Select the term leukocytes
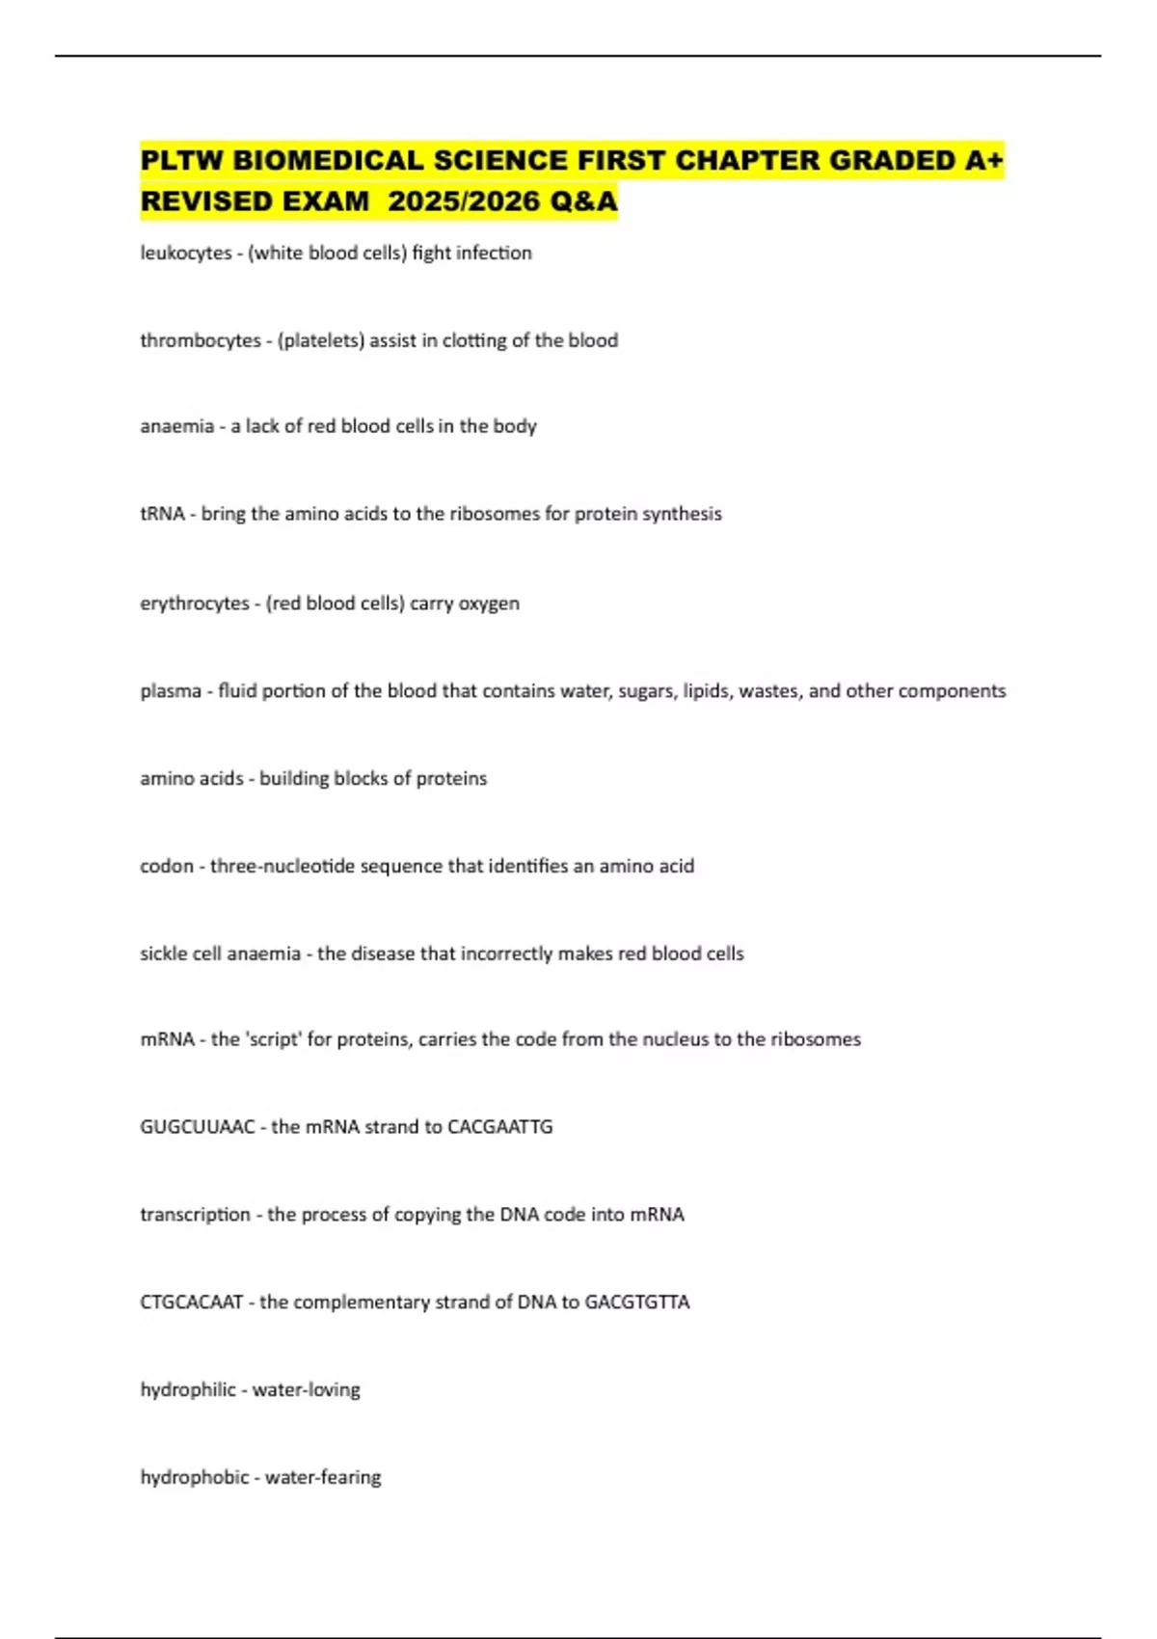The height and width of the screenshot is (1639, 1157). click(186, 253)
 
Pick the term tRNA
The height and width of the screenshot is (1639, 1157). click(162, 514)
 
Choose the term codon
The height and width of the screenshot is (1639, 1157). click(167, 866)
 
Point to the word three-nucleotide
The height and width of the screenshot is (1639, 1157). click(283, 866)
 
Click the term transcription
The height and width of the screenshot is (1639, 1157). click(195, 1215)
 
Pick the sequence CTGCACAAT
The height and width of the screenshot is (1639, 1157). click(192, 1303)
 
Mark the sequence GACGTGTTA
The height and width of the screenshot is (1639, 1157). click(637, 1303)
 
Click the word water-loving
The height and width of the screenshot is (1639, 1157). click(307, 1390)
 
